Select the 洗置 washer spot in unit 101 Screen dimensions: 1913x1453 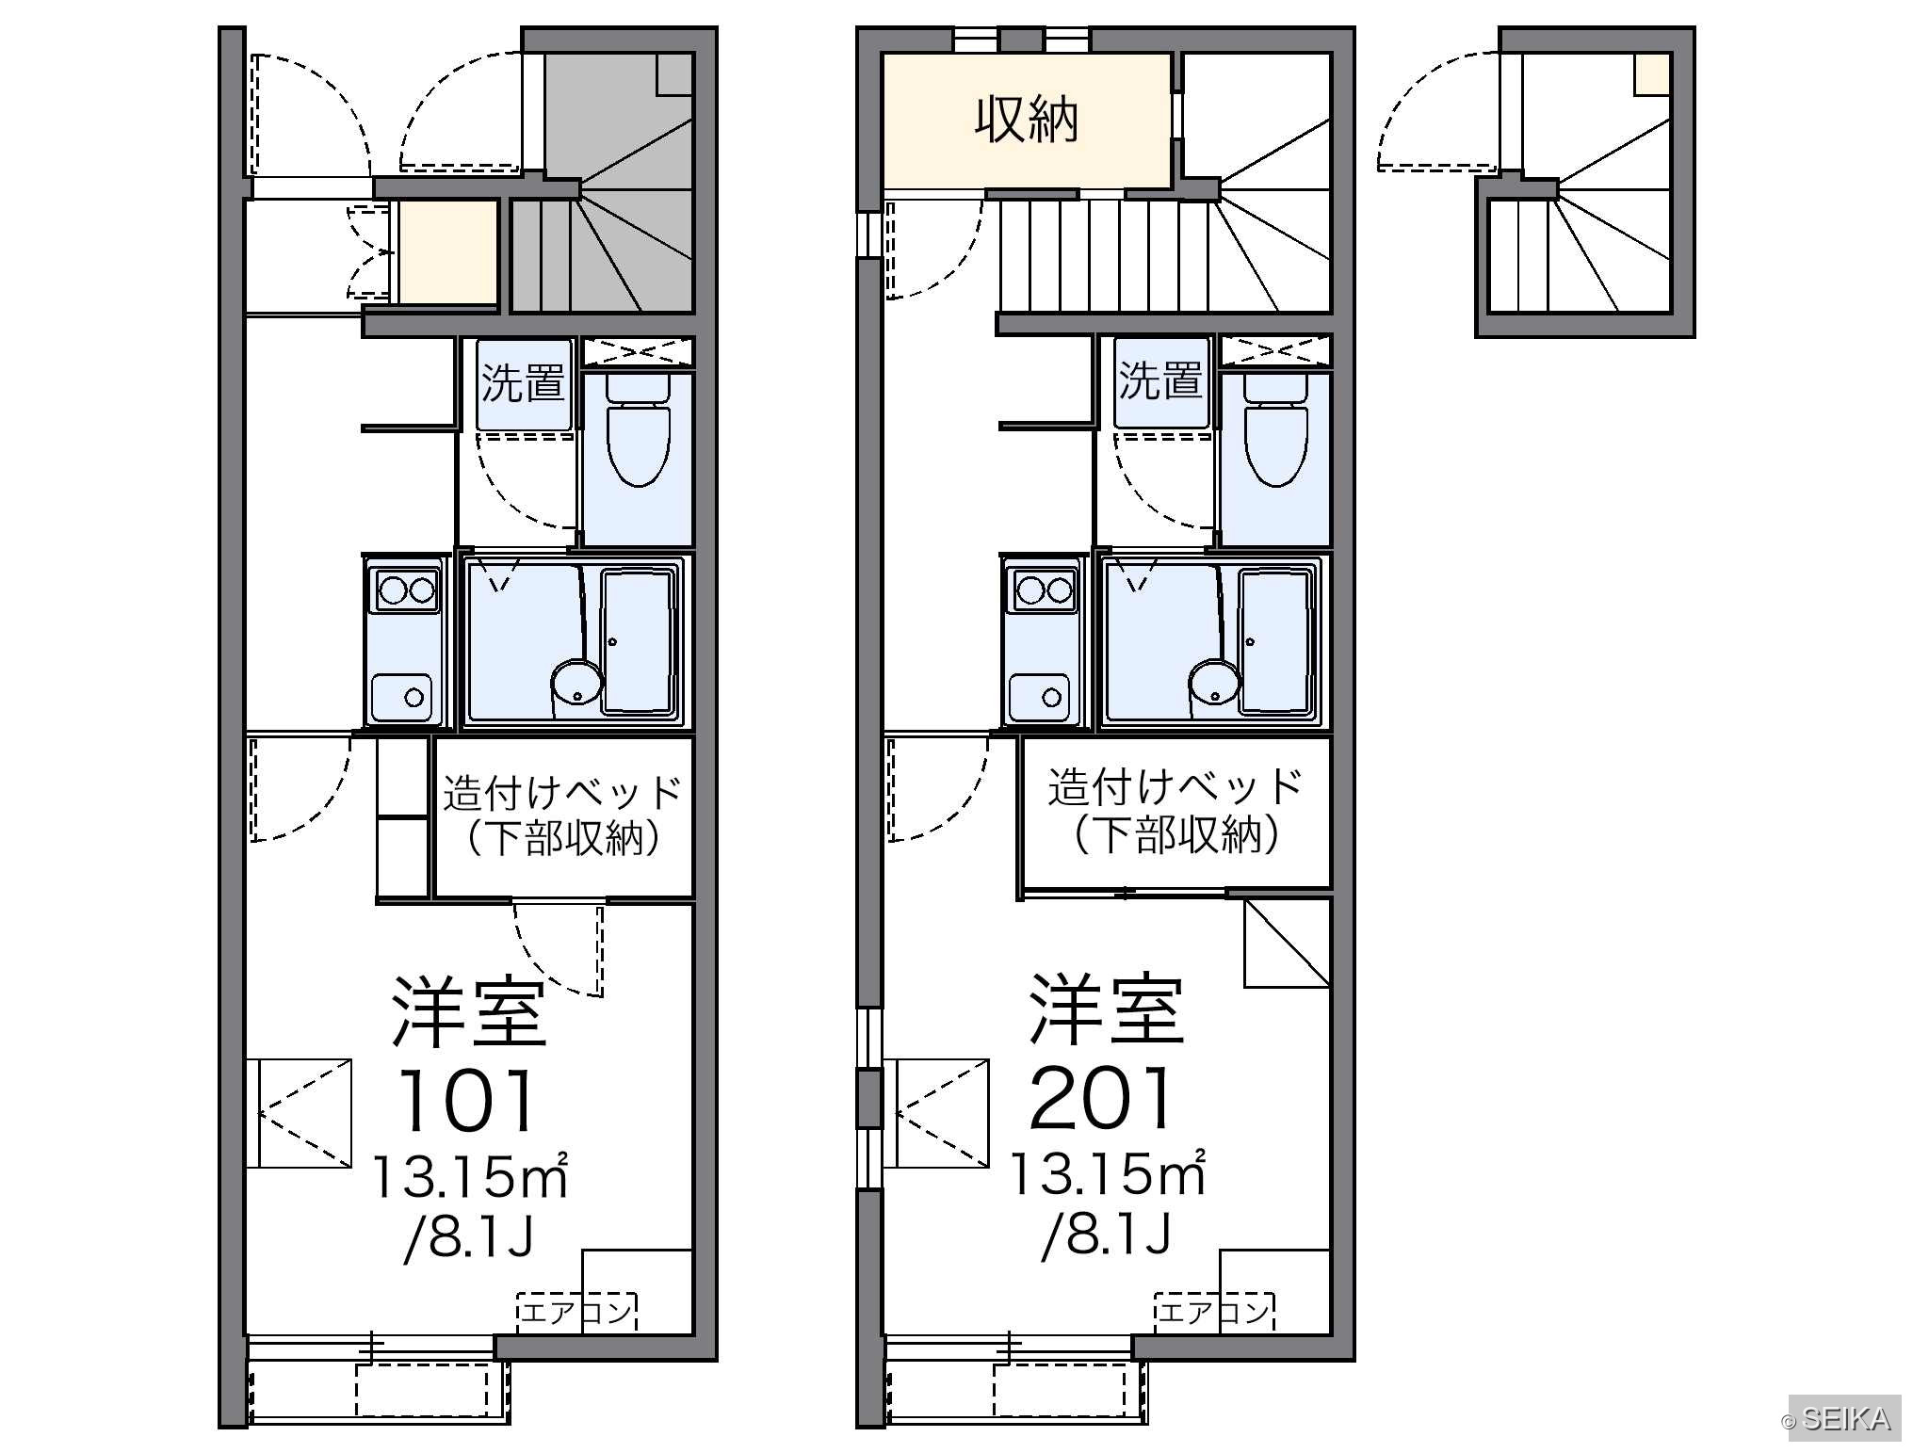pyautogui.click(x=524, y=383)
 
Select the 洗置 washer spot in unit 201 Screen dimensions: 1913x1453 pyautogui.click(x=1161, y=383)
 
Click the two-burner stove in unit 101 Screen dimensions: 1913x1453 pyautogui.click(x=406, y=590)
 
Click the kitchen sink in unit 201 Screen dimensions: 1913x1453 pyautogui.click(x=1039, y=697)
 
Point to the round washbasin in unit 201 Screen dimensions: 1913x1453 pyautogui.click(x=1214, y=683)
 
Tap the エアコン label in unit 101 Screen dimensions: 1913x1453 pyautogui.click(x=576, y=1312)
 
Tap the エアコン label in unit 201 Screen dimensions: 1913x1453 pyautogui.click(x=1214, y=1312)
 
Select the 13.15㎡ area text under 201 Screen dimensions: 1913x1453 pyautogui.click(x=1108, y=1174)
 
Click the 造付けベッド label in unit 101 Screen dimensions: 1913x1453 pyautogui.click(x=562, y=792)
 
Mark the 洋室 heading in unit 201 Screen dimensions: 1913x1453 pyautogui.click(x=1107, y=1009)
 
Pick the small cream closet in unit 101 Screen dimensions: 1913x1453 pyautogui.click(x=447, y=252)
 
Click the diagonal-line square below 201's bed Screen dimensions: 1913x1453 pyautogui.click(x=1287, y=943)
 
